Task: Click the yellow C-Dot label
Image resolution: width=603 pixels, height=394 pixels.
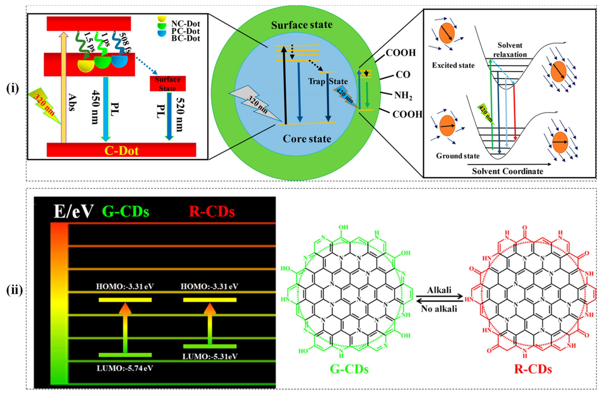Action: coord(121,151)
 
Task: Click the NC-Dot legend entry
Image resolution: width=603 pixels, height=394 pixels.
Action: coord(185,24)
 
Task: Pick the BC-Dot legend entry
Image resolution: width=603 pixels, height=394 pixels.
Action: coord(185,39)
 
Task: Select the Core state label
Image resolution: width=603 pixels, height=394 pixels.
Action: coord(307,139)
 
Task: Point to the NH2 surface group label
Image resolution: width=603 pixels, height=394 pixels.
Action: coord(403,96)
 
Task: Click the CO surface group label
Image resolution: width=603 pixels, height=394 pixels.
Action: coord(403,75)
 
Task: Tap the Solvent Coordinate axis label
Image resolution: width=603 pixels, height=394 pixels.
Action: coord(508,171)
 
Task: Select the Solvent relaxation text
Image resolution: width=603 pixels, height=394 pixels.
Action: coord(510,50)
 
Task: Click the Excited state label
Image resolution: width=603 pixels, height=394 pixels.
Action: coord(453,65)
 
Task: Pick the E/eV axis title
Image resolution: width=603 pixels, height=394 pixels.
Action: coord(74,211)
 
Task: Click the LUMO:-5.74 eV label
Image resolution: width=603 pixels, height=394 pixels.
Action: coord(125,368)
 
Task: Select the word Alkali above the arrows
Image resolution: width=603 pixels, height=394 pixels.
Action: coord(439,290)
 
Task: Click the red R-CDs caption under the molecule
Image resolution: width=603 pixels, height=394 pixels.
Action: coord(533,369)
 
